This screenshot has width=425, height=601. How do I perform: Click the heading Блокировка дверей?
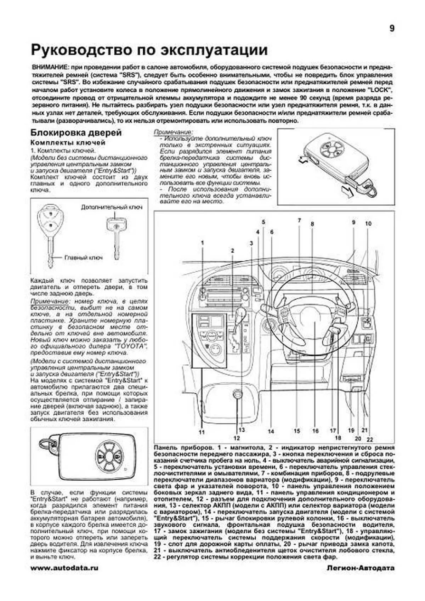point(76,133)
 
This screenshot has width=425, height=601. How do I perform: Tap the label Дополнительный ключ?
point(112,207)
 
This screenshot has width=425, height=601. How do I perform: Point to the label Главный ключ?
point(83,257)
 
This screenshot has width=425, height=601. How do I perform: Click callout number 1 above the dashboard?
point(203,243)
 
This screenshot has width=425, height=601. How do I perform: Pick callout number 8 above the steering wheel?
point(312,224)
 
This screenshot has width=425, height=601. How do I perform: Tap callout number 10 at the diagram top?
point(368,223)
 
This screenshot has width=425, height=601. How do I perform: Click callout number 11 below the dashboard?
point(202,432)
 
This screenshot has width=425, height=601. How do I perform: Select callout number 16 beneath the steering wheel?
point(315,431)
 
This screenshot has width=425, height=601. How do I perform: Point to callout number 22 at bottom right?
point(370,440)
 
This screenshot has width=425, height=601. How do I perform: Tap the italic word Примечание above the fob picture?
point(171,132)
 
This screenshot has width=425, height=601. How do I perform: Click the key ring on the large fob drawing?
point(46,445)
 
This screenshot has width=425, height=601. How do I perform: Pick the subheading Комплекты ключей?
point(68,143)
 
